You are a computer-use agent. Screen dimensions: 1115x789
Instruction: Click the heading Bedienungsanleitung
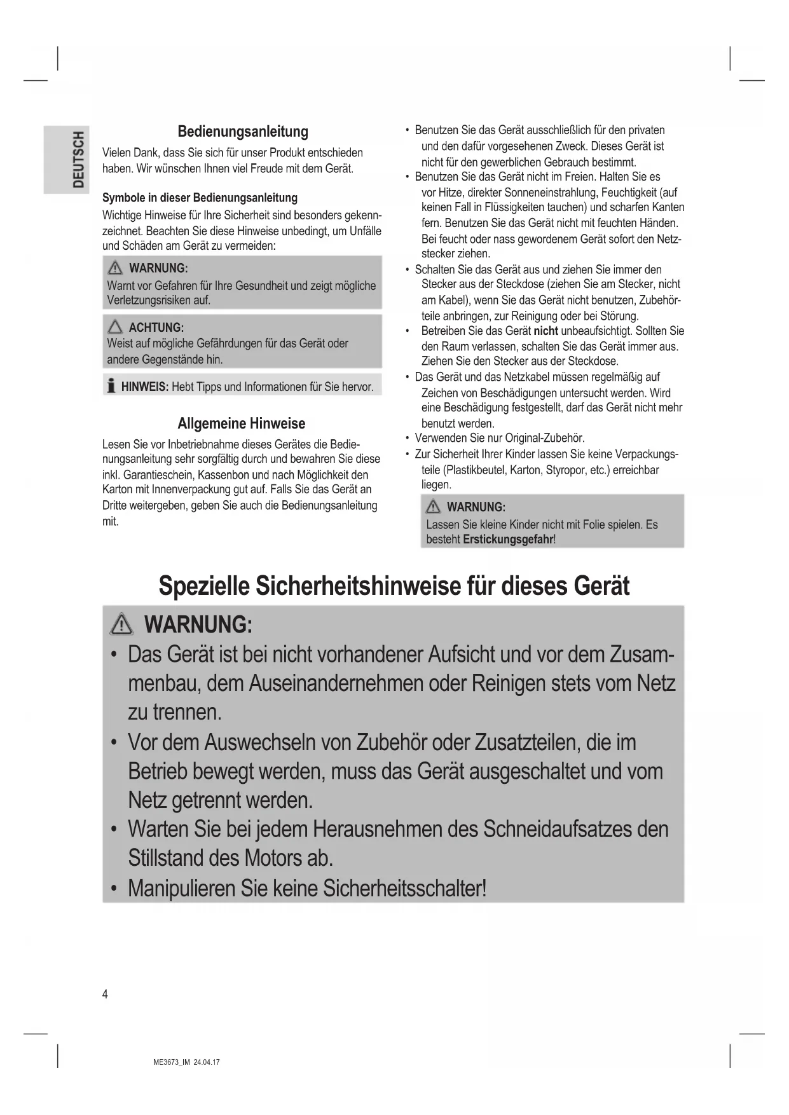242,132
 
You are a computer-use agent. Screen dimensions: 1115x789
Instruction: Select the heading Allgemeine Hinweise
241,423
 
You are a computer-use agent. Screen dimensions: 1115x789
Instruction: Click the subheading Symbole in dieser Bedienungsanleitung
200,198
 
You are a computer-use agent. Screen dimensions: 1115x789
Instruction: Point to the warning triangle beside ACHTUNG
115,327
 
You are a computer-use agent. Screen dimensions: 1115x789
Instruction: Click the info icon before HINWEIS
111,386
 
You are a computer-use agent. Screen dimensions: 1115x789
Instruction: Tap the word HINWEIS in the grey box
144,386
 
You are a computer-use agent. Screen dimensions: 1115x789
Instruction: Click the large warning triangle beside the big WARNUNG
121,626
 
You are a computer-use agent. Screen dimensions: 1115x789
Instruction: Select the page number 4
105,994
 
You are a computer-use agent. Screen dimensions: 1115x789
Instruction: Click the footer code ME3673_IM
172,1062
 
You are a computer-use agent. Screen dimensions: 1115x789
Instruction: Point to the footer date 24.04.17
207,1062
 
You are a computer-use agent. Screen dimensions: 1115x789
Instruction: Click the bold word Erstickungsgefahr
508,540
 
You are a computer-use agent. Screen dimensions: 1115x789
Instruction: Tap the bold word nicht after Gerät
545,331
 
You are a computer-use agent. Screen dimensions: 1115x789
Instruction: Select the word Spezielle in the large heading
203,585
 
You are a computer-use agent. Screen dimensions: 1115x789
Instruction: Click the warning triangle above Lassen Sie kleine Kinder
433,507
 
